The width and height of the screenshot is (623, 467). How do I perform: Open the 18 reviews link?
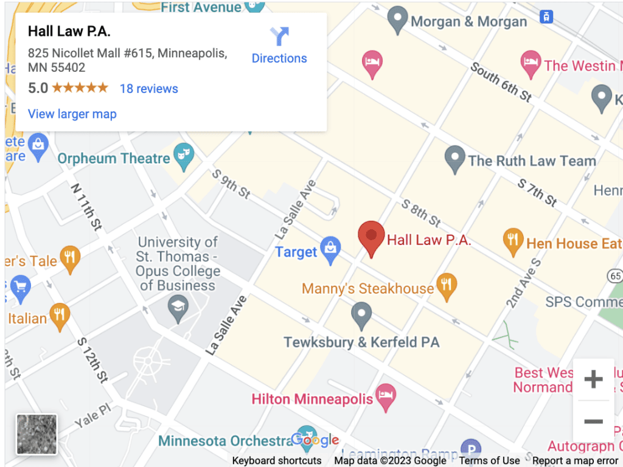click(x=148, y=89)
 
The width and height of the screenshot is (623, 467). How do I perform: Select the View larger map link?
click(x=72, y=114)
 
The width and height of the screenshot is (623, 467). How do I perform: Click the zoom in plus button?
click(x=593, y=379)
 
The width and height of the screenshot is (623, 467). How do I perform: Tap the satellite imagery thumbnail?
click(x=37, y=434)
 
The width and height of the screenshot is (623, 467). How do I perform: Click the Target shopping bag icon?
click(x=330, y=250)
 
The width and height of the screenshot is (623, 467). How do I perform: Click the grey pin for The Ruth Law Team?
click(x=455, y=159)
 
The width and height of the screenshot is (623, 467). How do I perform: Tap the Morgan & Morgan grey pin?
click(x=397, y=19)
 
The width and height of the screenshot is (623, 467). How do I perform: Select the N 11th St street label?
click(x=86, y=207)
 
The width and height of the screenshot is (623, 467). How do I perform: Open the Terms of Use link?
click(x=489, y=460)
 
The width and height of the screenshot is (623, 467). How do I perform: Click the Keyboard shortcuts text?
click(x=277, y=460)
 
